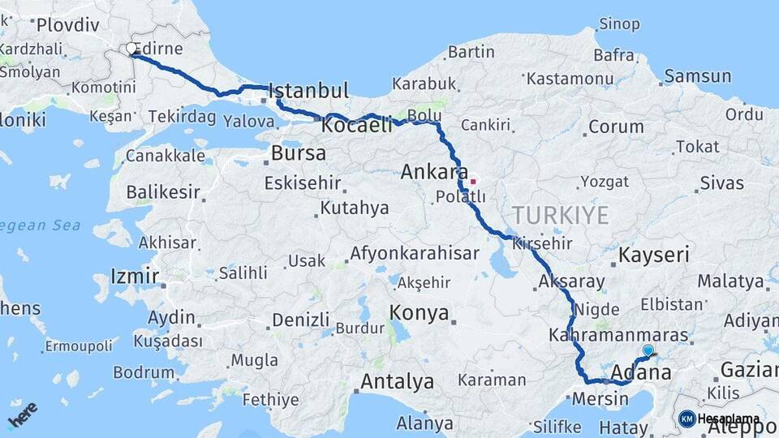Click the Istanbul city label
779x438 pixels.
(x=308, y=90)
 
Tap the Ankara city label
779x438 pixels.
(x=431, y=172)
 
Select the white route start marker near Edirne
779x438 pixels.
(x=131, y=49)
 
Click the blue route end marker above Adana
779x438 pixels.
(x=648, y=350)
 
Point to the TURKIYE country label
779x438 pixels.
(x=560, y=215)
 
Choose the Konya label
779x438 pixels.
(x=419, y=312)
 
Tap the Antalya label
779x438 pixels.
(x=397, y=381)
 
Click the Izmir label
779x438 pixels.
(x=134, y=277)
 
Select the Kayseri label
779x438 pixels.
(x=653, y=255)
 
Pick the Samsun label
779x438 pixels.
(x=697, y=77)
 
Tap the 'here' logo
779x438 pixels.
(x=22, y=414)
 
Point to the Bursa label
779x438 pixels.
(x=299, y=152)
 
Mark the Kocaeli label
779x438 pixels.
(x=357, y=127)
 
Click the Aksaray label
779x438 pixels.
(x=571, y=282)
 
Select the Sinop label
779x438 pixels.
(x=619, y=24)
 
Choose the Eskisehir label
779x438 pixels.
(x=302, y=183)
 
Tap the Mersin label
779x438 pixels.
(x=600, y=399)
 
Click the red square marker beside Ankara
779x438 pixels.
(x=473, y=181)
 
